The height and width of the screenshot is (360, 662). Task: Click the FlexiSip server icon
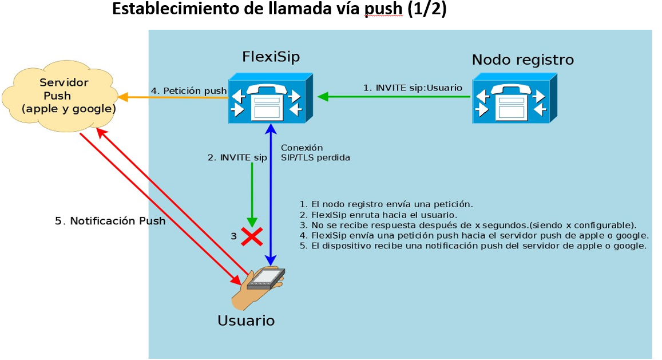(x=270, y=98)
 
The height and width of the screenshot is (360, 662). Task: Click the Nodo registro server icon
(x=514, y=98)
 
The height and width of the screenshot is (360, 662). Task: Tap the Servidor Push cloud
(x=60, y=96)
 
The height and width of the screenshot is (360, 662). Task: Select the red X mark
(x=252, y=236)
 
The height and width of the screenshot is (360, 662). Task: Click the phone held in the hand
(x=266, y=278)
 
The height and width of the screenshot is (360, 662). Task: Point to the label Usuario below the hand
(x=246, y=321)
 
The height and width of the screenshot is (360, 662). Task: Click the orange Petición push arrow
(x=173, y=98)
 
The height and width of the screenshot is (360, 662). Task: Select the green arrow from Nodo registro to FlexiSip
(x=394, y=97)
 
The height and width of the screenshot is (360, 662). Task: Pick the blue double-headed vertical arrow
(x=271, y=195)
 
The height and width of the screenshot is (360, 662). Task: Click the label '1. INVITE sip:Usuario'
(x=413, y=88)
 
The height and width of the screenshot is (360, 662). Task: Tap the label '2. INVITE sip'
(x=237, y=157)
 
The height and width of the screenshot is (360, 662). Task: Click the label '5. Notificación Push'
(x=110, y=221)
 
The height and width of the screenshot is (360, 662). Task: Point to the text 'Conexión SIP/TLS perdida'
(x=315, y=153)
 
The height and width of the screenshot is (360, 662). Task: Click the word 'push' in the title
(x=383, y=9)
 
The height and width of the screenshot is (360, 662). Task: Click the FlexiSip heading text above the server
(x=271, y=57)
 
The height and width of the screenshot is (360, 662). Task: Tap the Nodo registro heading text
(x=522, y=60)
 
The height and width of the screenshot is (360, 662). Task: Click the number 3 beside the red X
(x=234, y=236)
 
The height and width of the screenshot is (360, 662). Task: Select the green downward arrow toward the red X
(x=252, y=195)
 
